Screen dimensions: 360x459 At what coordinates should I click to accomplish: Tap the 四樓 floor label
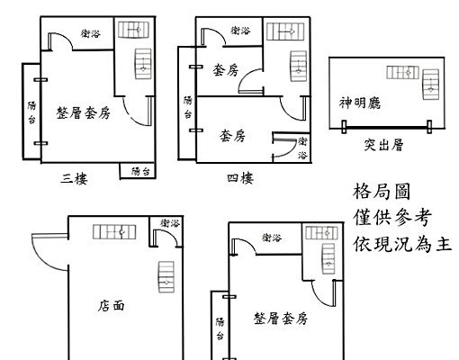(x=240, y=178)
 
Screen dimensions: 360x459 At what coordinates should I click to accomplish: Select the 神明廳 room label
(x=360, y=103)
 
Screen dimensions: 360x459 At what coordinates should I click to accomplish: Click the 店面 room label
(x=112, y=306)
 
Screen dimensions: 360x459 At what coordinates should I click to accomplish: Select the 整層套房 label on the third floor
(x=83, y=113)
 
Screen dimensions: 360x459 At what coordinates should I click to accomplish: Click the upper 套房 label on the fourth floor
(x=226, y=70)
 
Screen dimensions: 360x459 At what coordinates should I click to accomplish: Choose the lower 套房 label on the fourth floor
(x=232, y=136)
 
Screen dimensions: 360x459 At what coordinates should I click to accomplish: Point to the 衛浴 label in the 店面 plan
(x=169, y=223)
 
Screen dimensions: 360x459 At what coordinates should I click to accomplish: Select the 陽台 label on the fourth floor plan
(x=188, y=107)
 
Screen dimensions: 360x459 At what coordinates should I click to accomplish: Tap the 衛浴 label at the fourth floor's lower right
(x=302, y=148)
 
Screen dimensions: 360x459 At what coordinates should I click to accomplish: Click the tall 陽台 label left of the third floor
(x=31, y=113)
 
